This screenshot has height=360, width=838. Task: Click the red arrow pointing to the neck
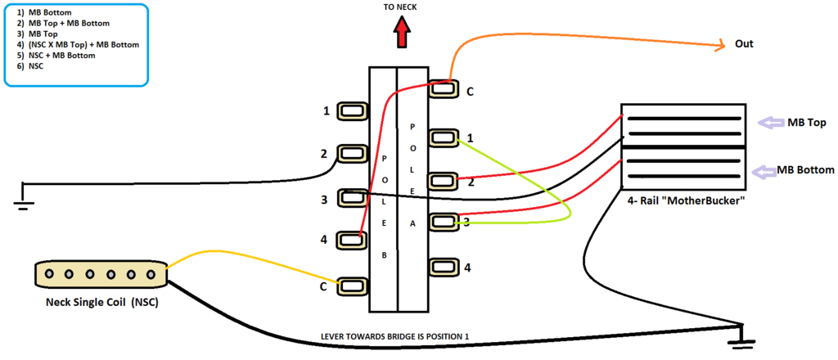(402, 35)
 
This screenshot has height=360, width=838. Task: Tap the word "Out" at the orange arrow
(744, 43)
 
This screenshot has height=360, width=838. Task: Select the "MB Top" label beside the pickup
(805, 123)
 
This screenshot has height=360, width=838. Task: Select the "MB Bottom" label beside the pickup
(805, 170)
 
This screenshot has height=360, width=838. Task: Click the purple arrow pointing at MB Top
(768, 123)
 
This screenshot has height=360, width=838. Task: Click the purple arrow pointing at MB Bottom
(765, 171)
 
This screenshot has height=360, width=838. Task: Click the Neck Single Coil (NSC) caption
(102, 304)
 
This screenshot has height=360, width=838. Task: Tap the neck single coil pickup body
(99, 273)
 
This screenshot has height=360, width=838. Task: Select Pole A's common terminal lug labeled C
(443, 89)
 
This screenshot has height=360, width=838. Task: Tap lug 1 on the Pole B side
(352, 110)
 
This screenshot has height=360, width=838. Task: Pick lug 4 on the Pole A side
(443, 266)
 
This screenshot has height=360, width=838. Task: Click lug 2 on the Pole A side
(443, 179)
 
